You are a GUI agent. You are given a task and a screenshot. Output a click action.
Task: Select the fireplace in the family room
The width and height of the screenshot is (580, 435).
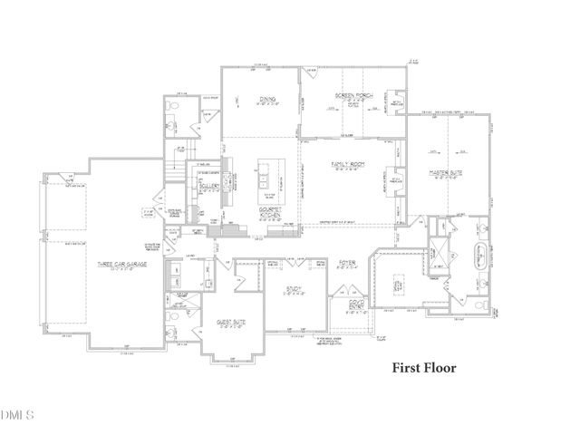[395, 181]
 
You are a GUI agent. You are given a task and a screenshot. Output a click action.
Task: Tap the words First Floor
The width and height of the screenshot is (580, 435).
[424, 369]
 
